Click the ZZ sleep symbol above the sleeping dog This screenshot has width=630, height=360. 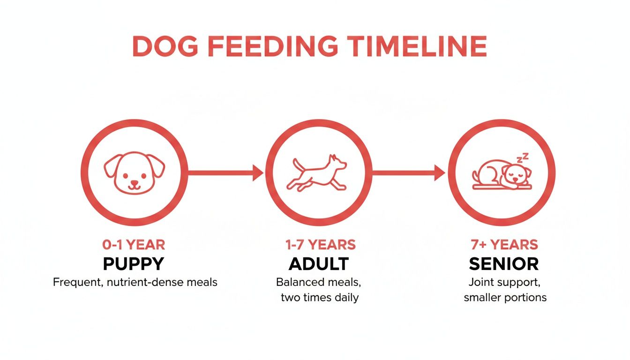pos(524,158)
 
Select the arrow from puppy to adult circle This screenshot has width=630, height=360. pos(225,172)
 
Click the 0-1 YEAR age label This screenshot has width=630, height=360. pos(134,245)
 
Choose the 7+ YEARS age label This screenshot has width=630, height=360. pos(504,245)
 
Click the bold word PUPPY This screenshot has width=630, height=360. pos(134,264)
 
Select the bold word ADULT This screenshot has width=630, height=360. pos(318,264)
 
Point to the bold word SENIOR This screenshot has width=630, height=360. pos(504,264)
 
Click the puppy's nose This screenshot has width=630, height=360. pos(134,180)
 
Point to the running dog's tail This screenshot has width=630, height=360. pos(297,165)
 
